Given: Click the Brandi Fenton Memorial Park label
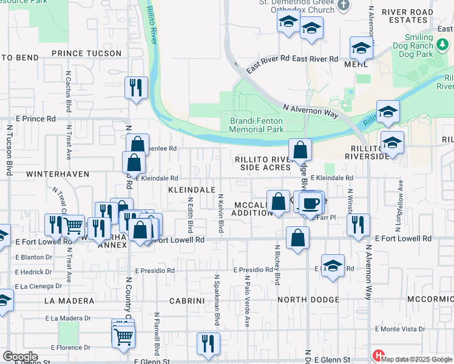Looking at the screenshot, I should (256, 125).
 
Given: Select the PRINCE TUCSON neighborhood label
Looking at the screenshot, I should (86, 53).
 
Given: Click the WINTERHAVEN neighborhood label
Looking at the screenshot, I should (58, 174).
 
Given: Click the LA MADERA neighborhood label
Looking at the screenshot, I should (69, 301).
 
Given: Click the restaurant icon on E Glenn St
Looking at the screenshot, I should (208, 343).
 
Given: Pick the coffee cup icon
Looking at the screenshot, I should (312, 202).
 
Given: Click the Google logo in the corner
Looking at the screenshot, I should (20, 357).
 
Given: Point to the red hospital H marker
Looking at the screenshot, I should (379, 356).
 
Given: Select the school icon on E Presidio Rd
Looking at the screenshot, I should (333, 266).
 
